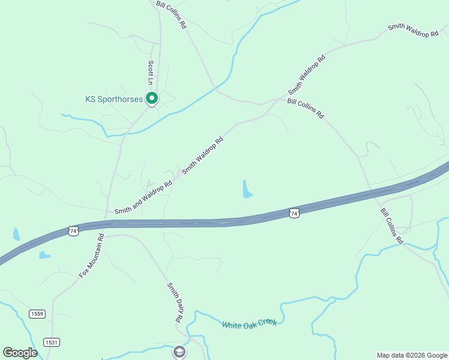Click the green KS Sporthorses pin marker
pyautogui.click(x=152, y=98)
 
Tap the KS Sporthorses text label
pyautogui.click(x=113, y=99)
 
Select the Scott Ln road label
pyautogui.click(x=151, y=72)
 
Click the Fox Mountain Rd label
pyautogui.click(x=92, y=256)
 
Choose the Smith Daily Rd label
pyautogui.click(x=174, y=302)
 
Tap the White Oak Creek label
pyautogui.click(x=249, y=324)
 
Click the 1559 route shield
pyautogui.click(x=37, y=314)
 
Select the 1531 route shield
pyautogui.click(x=51, y=342)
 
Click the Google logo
pyautogui.click(x=20, y=353)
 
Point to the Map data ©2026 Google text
pyautogui.click(x=411, y=355)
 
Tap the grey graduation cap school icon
pyautogui.click(x=179, y=352)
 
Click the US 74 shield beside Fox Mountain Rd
pyautogui.click(x=73, y=231)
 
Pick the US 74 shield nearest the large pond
pyautogui.click(x=294, y=213)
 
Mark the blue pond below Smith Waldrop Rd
pyautogui.click(x=246, y=189)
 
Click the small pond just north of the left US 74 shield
pyautogui.click(x=16, y=233)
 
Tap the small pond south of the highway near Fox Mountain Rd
pyautogui.click(x=44, y=255)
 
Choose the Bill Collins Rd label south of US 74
pyautogui.click(x=391, y=226)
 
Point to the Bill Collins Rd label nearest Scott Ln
pyautogui.click(x=172, y=14)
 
